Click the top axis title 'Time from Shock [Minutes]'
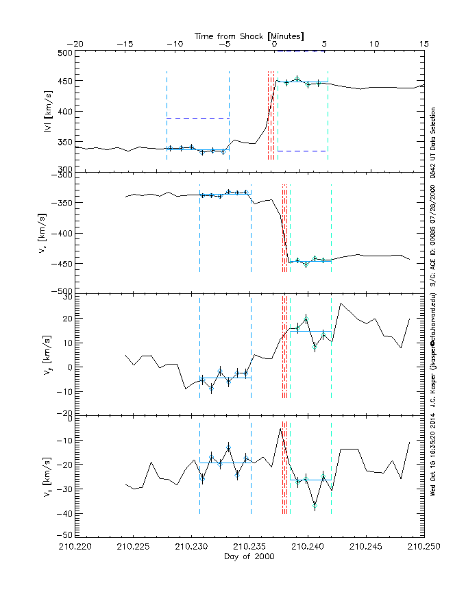[x=249, y=35]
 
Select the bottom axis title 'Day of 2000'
[x=249, y=557]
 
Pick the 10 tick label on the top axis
[x=374, y=44]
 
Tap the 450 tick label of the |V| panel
[x=65, y=82]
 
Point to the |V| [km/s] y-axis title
[x=48, y=110]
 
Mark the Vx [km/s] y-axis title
[x=48, y=233]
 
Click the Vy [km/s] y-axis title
[x=48, y=354]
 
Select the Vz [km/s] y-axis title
[x=48, y=475]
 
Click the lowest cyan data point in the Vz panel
[x=315, y=506]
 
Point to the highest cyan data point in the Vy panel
[x=306, y=318]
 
